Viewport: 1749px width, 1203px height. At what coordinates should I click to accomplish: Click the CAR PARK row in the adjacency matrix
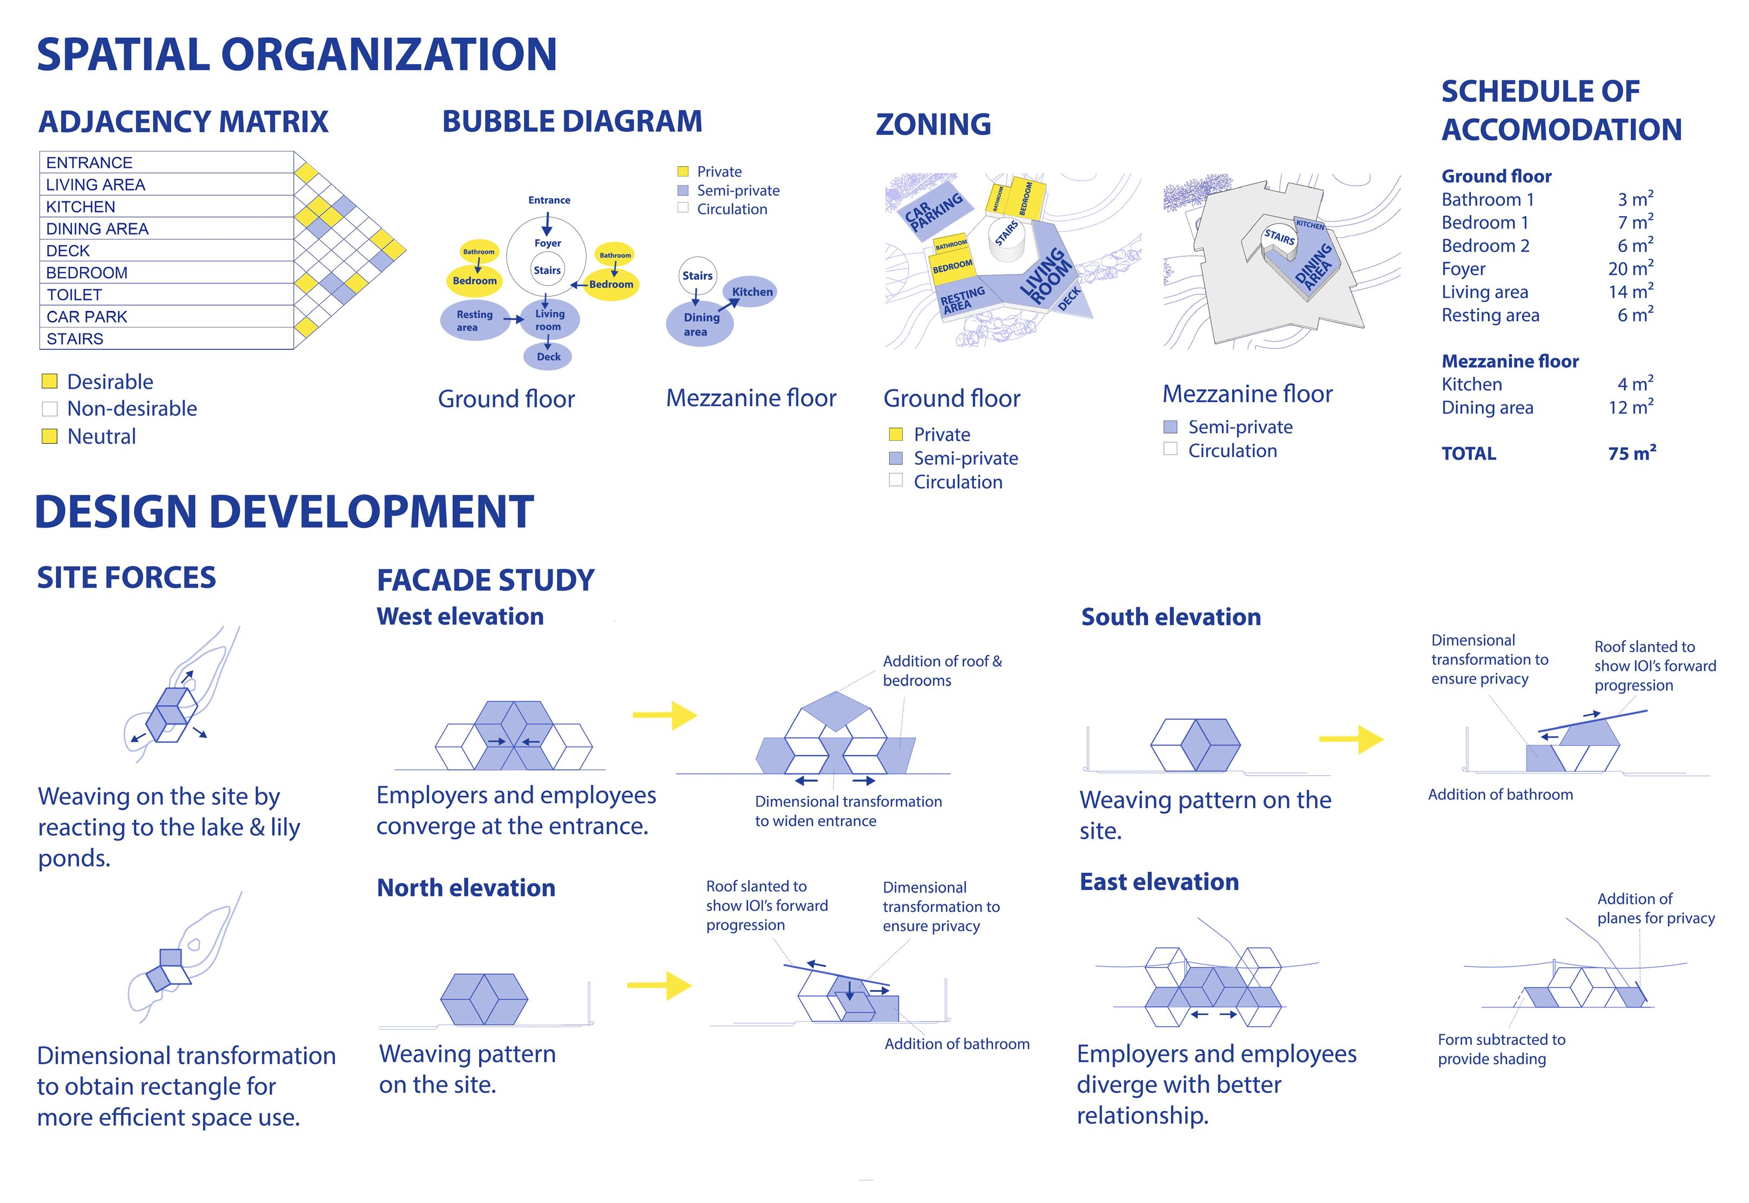pos(87,316)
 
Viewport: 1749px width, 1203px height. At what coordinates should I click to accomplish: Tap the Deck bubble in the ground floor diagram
pos(548,356)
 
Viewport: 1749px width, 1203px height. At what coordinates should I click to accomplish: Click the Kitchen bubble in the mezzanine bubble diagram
pos(752,292)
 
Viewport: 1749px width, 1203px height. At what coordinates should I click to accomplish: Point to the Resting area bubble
pos(474,320)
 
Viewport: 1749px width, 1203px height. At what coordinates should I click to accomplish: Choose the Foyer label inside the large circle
pos(547,243)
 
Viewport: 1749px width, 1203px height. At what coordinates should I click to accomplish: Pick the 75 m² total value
pos(1631,453)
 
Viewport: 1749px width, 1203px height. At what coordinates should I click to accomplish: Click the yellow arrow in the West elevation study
pos(665,714)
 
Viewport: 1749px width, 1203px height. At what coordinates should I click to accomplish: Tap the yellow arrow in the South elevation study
pos(1351,739)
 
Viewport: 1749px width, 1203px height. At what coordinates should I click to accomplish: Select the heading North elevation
pos(466,887)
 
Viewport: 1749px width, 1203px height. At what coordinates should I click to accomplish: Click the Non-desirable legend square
pos(50,409)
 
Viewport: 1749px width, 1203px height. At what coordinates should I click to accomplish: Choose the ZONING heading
pos(933,124)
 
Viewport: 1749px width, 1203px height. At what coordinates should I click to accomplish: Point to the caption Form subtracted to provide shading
pos(1500,1049)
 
